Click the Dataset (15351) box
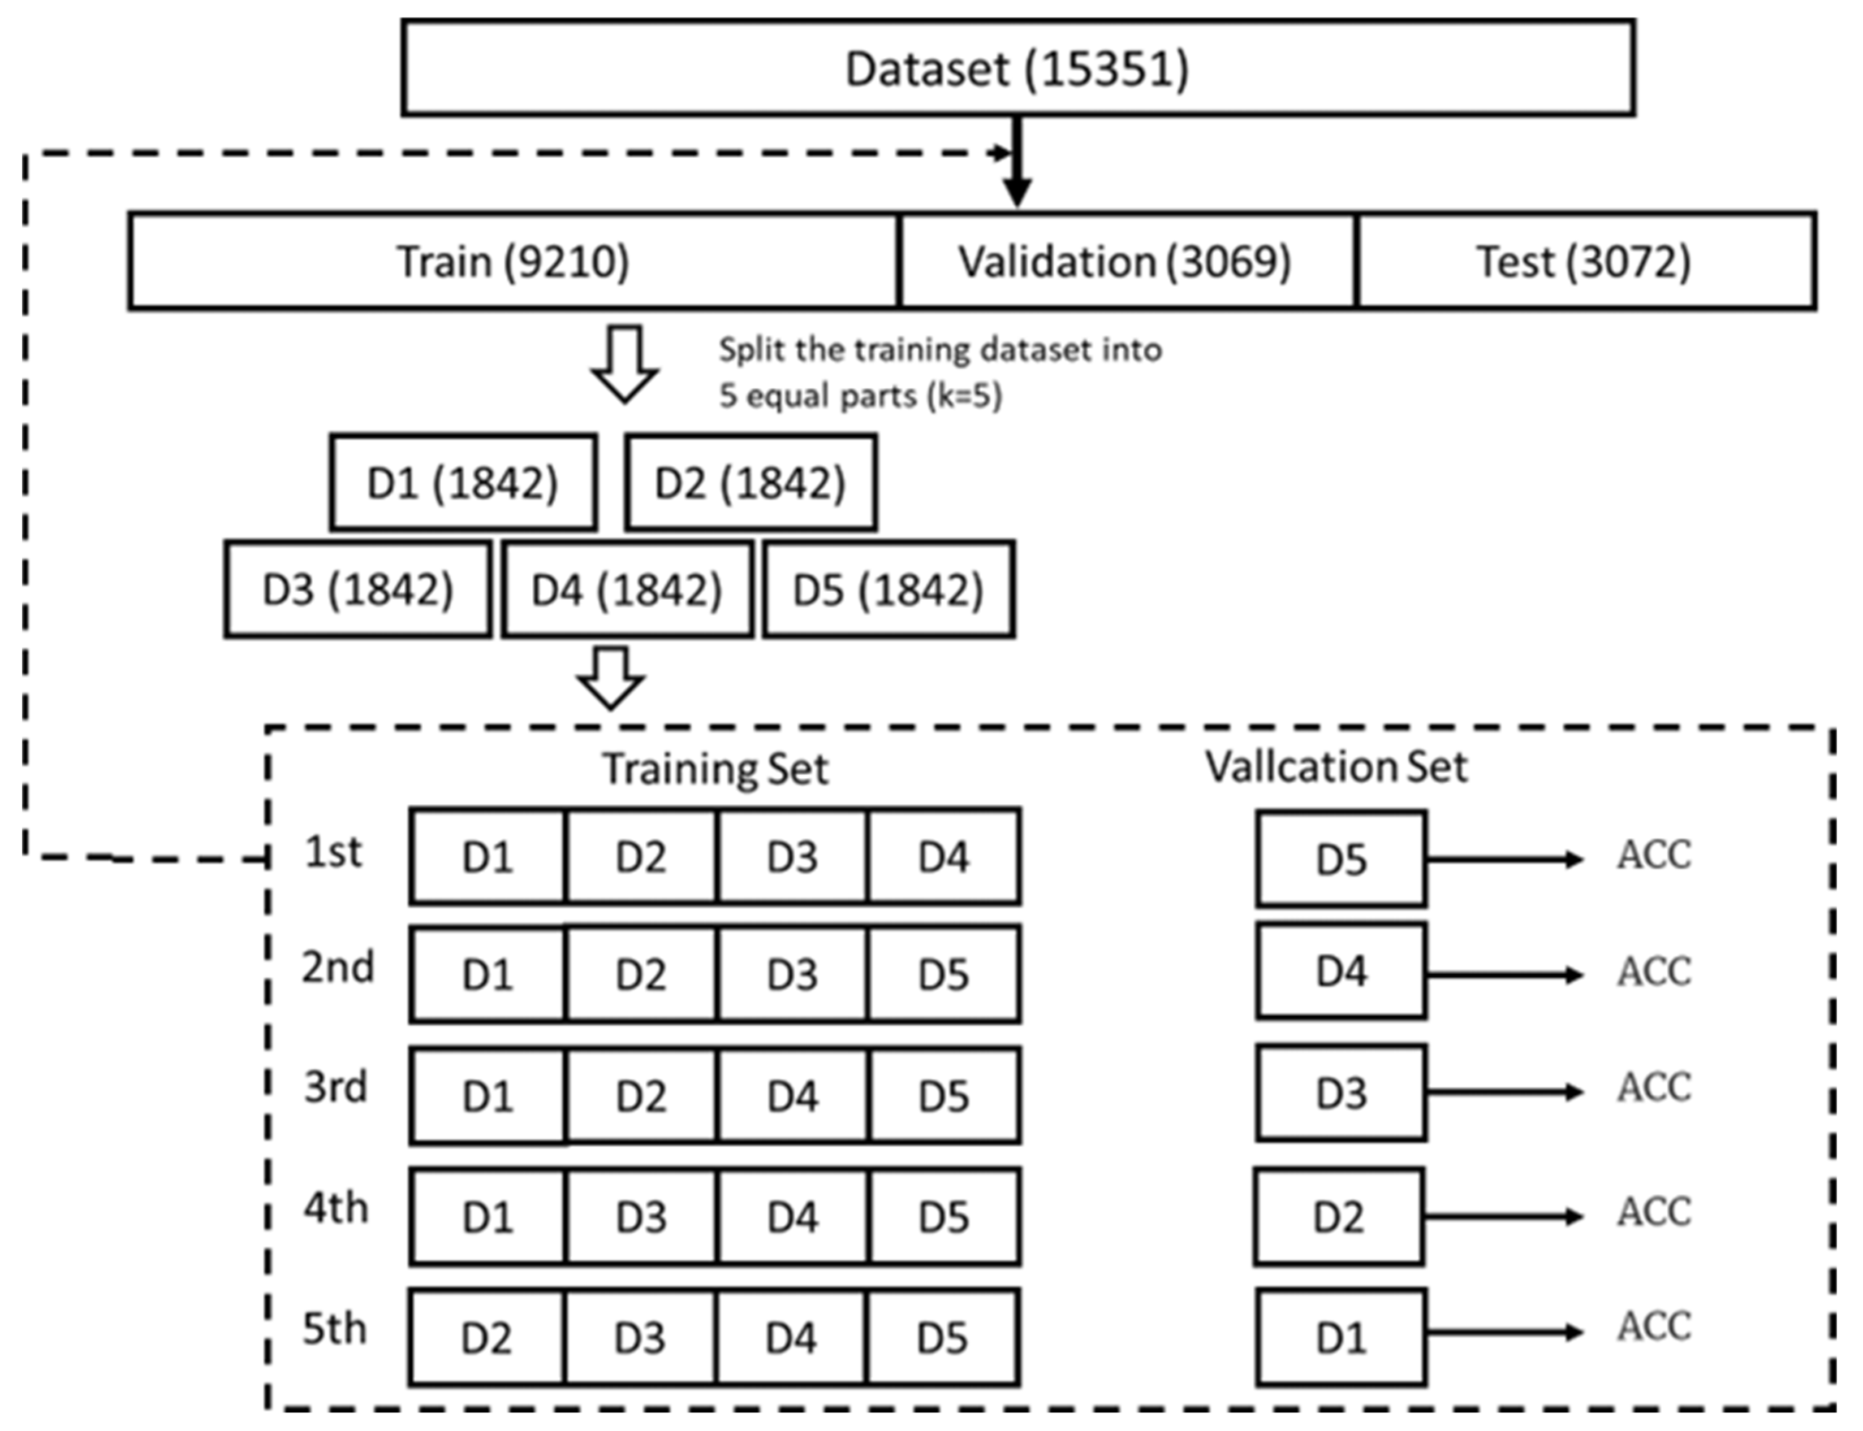point(1017,68)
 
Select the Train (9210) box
point(514,261)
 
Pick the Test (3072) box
point(1584,261)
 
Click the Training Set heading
point(715,768)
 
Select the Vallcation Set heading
point(1335,766)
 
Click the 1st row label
point(333,852)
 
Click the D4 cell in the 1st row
point(943,857)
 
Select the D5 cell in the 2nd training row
point(943,974)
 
